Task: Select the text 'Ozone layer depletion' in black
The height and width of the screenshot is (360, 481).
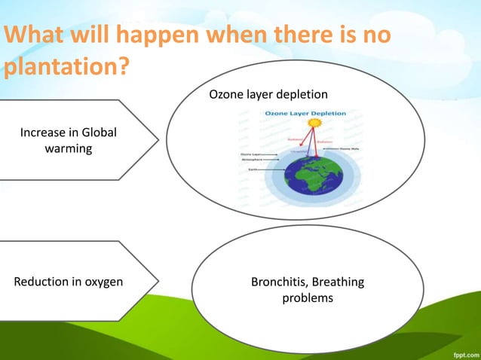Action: click(268, 95)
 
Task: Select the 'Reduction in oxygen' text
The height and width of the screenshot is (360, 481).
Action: click(69, 282)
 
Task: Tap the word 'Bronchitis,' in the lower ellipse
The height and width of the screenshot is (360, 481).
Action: click(278, 282)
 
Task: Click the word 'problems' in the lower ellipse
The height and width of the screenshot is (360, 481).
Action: click(307, 298)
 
